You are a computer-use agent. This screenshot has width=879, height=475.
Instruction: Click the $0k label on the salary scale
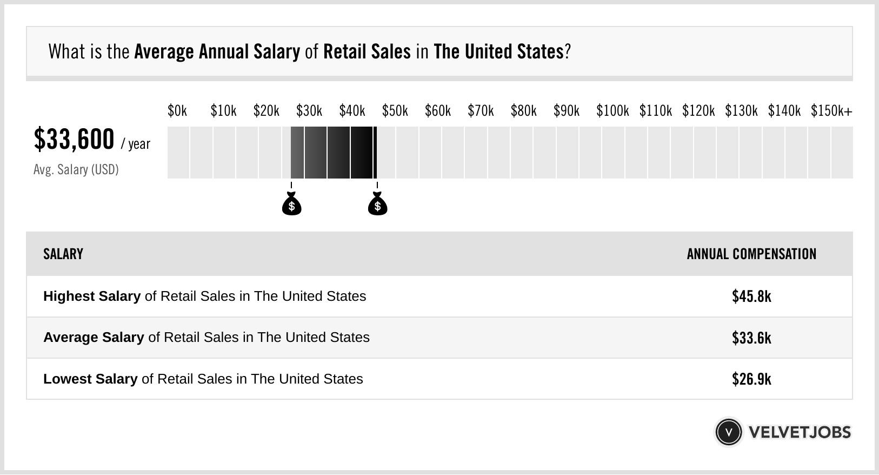pos(177,111)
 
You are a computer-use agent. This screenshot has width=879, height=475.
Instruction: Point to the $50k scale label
pos(395,111)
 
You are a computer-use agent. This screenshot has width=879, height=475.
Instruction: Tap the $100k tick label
pos(612,111)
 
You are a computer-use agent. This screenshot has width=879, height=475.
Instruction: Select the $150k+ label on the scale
pos(831,111)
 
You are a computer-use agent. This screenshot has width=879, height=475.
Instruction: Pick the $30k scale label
pos(309,111)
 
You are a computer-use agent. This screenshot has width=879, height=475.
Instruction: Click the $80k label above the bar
pos(523,111)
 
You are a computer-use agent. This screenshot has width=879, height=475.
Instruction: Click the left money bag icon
pos(291,204)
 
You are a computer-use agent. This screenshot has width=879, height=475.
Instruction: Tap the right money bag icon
pos(377,204)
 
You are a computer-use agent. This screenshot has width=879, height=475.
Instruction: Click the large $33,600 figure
pos(74,139)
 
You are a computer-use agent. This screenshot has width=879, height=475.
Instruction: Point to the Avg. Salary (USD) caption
pos(76,170)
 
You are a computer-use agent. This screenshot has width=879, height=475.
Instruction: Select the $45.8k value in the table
pos(751,296)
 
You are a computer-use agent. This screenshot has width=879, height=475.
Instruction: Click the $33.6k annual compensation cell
pos(751,338)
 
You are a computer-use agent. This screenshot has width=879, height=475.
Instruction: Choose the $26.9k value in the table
pos(751,379)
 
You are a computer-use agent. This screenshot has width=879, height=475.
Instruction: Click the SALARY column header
pos(63,254)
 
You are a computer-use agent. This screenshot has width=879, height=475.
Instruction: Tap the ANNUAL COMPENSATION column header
pos(751,254)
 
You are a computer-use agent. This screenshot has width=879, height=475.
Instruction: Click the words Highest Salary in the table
pos(92,296)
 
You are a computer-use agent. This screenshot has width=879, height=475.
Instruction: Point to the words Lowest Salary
pos(90,379)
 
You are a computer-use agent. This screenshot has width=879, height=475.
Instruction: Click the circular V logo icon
pos(729,432)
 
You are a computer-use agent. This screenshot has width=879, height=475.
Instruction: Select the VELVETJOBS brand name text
pos(800,432)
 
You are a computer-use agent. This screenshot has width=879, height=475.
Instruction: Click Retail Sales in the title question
pos(367,52)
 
